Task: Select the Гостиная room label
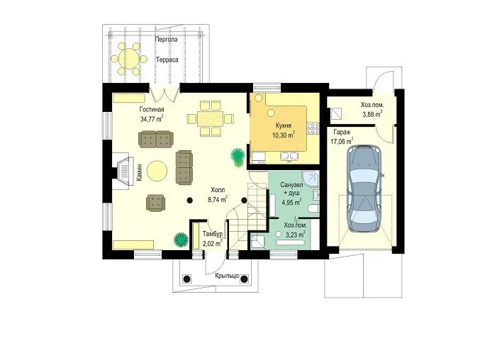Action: point(152,109)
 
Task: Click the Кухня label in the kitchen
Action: point(284,125)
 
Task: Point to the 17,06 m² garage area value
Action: point(342,140)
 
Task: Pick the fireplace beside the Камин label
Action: point(123,171)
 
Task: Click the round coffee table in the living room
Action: point(157,171)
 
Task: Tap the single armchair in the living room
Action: point(155,203)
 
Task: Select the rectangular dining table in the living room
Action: point(211,119)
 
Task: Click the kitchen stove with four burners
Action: point(313,128)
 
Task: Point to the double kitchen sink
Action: point(290,157)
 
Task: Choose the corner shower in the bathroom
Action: point(311,179)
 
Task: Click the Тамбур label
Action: point(213,234)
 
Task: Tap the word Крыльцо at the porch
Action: point(227,275)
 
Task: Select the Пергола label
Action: point(166,40)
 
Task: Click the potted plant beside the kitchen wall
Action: point(238,157)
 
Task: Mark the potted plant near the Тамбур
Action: point(181,240)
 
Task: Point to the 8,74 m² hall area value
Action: point(218,200)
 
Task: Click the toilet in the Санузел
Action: point(313,209)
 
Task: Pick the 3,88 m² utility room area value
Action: point(372,113)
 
